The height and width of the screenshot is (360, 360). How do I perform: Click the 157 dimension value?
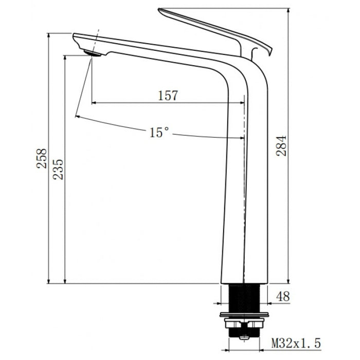click(x=168, y=95)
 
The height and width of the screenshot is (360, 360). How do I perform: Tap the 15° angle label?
click(x=159, y=133)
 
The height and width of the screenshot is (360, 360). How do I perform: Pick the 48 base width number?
click(x=283, y=296)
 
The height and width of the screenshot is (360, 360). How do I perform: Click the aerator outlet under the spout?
click(x=92, y=53)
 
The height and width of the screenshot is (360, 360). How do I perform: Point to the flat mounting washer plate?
click(x=245, y=314)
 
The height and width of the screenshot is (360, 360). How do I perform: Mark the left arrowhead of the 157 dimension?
click(x=95, y=102)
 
